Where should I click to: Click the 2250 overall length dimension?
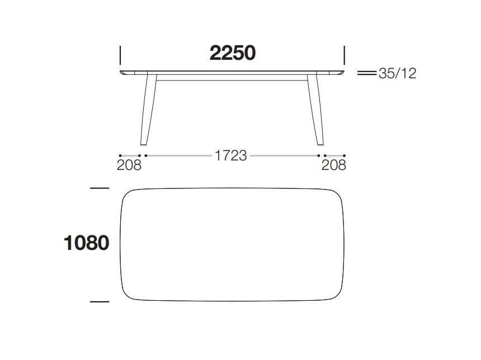(233, 53)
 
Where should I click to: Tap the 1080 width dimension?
(86, 243)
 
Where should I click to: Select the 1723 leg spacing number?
(230, 155)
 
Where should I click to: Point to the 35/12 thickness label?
(397, 73)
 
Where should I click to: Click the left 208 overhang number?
(129, 165)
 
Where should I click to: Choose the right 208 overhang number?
(334, 165)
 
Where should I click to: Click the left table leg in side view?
(148, 109)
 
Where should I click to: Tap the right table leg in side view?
(315, 109)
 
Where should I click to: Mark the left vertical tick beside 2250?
(120, 55)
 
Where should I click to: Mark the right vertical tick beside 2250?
(344, 55)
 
